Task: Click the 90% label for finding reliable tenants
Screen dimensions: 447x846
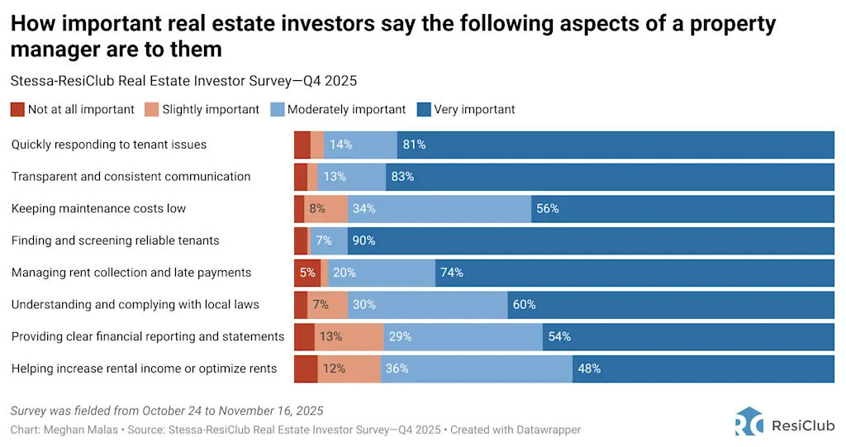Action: [x=364, y=240]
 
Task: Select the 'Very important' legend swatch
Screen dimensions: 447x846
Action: [x=425, y=109]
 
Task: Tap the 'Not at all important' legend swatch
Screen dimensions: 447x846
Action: [x=17, y=109]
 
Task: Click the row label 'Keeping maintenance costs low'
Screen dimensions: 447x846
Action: [x=99, y=208]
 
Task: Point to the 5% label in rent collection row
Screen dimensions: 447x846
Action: [x=307, y=273]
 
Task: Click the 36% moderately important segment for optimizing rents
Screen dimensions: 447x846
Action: [x=477, y=369]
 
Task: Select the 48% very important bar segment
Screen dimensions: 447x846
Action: [x=703, y=369]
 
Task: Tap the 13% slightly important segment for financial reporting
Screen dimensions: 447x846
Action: [x=349, y=336]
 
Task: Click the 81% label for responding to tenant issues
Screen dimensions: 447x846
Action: [x=414, y=145]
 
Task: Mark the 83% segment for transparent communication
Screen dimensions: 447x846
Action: [x=610, y=176]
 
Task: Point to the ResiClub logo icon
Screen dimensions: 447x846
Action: [x=749, y=421]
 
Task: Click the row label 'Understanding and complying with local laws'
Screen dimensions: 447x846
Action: [x=135, y=304]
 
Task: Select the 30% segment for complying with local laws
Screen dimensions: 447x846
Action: [x=427, y=304]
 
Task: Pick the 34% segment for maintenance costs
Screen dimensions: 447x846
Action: [x=440, y=208]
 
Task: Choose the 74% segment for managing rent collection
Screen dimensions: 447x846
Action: [x=634, y=273]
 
